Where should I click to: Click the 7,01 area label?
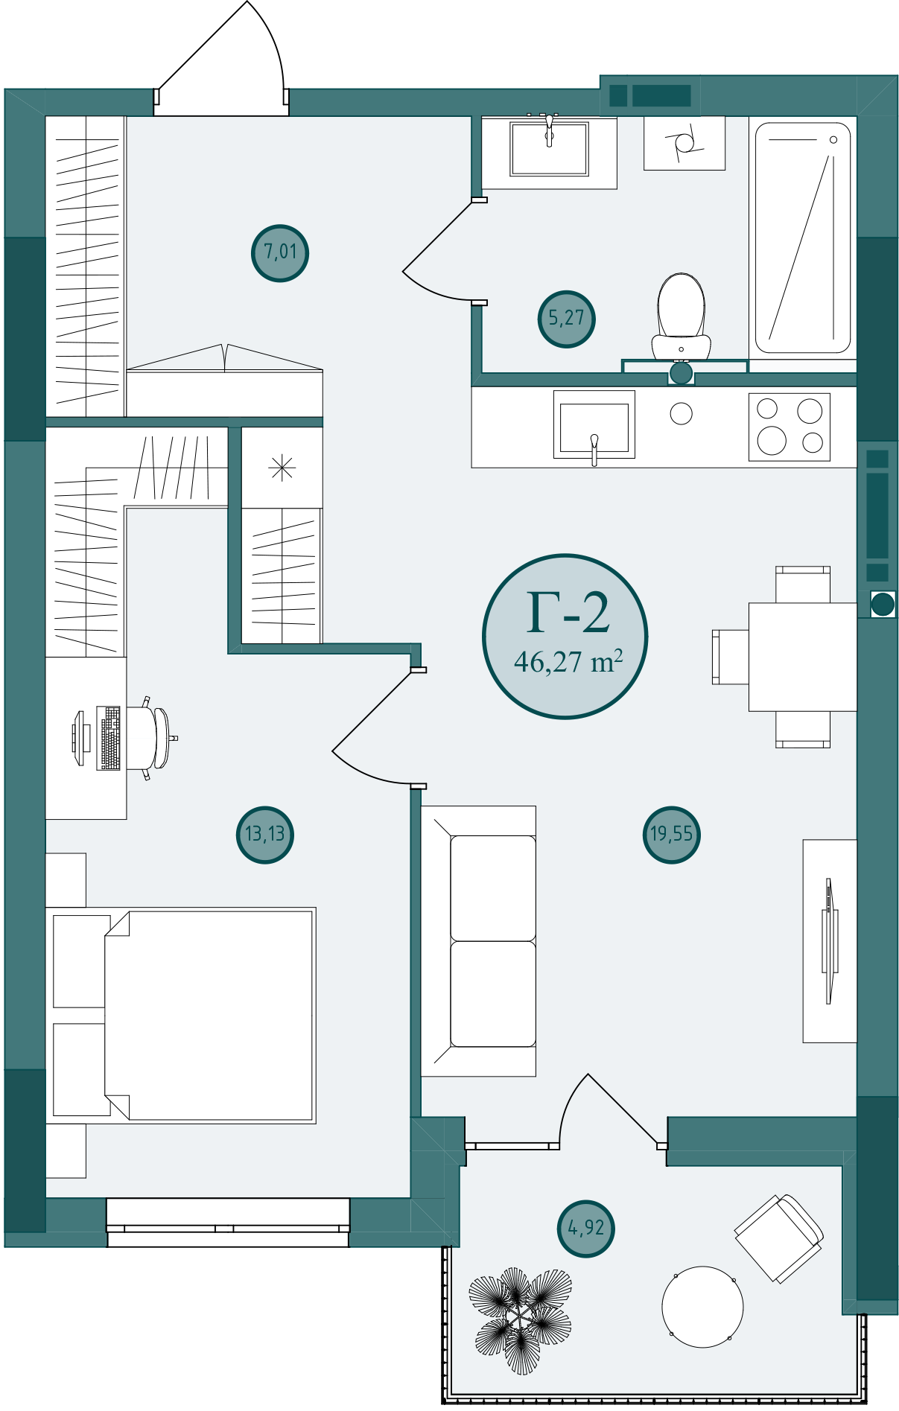point(280,252)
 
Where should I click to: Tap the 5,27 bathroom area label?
point(566,319)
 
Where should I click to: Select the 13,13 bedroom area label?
point(265,834)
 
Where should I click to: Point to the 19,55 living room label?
point(671,835)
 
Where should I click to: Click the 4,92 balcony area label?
point(586,1228)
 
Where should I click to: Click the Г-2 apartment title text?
point(568,614)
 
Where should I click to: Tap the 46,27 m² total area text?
point(568,661)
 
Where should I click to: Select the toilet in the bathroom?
point(681,316)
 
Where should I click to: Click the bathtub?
point(803,238)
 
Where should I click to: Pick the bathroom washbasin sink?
point(550,148)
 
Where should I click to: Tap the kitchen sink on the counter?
point(594,425)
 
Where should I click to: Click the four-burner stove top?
point(790,427)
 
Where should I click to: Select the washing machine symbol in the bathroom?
point(684,142)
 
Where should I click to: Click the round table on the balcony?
point(702,1307)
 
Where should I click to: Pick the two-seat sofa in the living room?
point(479,941)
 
